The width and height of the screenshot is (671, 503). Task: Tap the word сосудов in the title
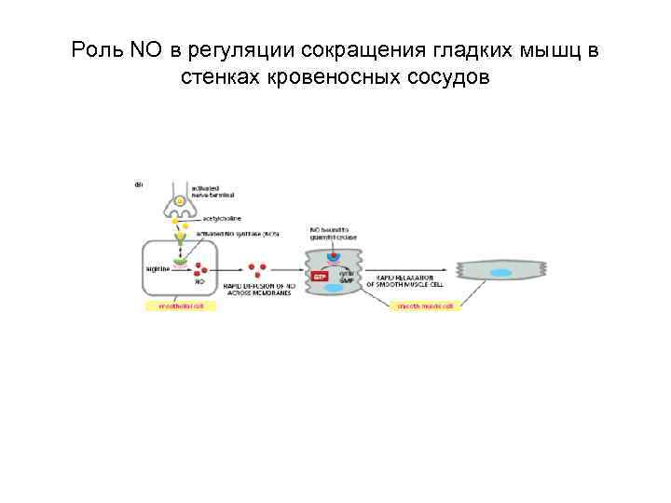(x=449, y=76)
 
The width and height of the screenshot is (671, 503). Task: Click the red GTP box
(x=320, y=276)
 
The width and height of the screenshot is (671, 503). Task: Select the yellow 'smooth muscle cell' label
(x=425, y=306)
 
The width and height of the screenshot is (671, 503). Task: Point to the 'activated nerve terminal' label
(x=212, y=193)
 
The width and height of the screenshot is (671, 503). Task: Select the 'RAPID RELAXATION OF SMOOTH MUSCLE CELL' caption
(x=410, y=280)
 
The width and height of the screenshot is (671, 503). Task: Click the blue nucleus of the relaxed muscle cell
(x=502, y=273)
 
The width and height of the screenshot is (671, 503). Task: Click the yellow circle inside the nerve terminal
(x=181, y=202)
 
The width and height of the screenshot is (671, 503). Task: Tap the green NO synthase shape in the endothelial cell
(x=179, y=261)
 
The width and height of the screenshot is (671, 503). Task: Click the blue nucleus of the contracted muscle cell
(x=334, y=289)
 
